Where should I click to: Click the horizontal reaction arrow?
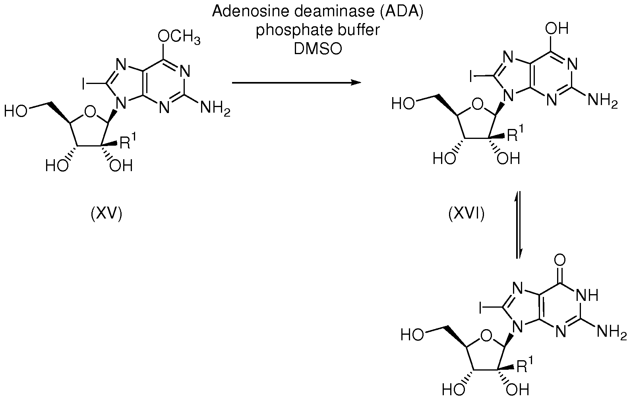click(x=296, y=83)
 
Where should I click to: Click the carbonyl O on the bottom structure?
click(x=559, y=261)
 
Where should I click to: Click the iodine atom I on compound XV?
click(x=84, y=84)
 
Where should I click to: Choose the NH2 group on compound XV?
click(x=215, y=108)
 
